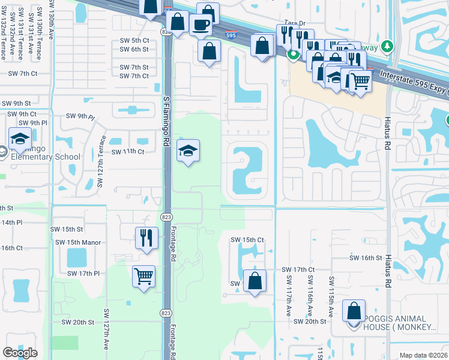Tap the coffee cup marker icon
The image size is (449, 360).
(200, 25)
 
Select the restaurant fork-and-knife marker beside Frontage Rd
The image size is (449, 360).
(144, 238)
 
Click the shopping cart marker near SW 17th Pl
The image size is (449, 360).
(143, 277)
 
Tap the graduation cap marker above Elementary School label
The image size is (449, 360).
(20, 139)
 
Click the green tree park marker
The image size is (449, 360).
(387, 46)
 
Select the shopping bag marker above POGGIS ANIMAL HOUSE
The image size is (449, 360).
(354, 310)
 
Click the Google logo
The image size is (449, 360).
(20, 353)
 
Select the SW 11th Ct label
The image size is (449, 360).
(127, 152)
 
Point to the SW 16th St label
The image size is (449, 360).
(366, 257)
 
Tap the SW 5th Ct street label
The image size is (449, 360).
(134, 40)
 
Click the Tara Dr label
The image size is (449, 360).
(291, 22)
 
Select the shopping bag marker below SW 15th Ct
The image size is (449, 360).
(255, 281)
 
